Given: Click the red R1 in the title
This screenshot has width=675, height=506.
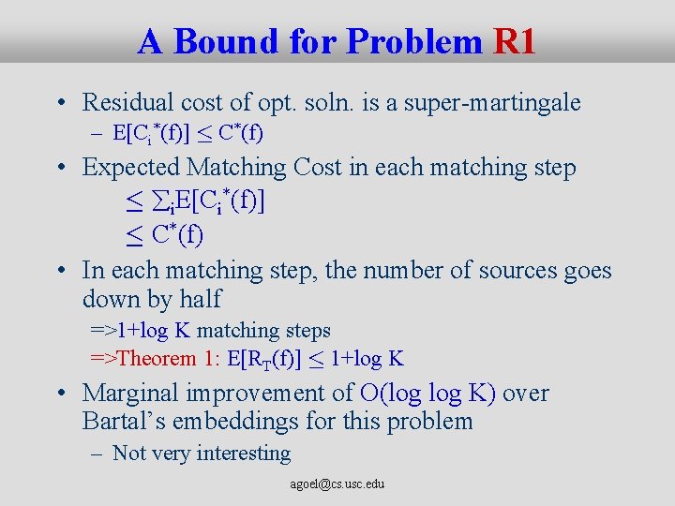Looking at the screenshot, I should pyautogui.click(x=514, y=41).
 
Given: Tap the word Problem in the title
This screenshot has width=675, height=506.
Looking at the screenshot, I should pyautogui.click(x=412, y=41).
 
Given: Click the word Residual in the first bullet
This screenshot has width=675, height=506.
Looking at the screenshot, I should pyautogui.click(x=125, y=102).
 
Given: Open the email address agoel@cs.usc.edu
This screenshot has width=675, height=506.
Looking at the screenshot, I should pyautogui.click(x=337, y=484).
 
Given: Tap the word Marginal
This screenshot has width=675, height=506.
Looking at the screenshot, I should pyautogui.click(x=127, y=393).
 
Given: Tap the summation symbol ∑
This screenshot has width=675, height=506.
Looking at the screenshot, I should pyautogui.click(x=156, y=201).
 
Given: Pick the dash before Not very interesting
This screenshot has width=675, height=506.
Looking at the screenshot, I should pyautogui.click(x=97, y=454).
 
